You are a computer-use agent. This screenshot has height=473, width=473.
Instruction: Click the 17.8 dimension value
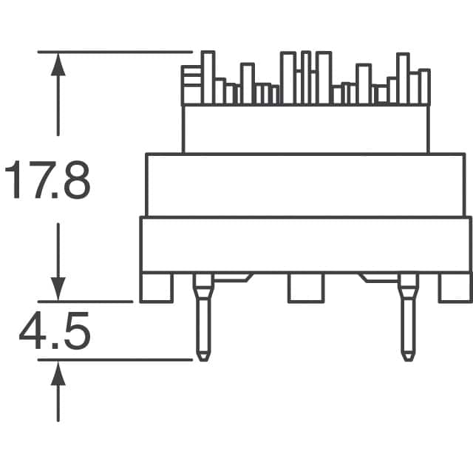pos(48,183)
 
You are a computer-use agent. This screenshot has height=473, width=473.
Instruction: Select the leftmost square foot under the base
pos(157,287)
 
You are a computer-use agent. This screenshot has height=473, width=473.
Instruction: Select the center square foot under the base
pos(305,287)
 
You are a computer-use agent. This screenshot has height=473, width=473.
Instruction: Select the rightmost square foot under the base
pos(455,287)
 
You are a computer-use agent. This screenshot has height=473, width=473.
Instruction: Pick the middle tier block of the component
pos(305,185)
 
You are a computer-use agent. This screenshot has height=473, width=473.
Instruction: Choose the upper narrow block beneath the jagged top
pos(305,129)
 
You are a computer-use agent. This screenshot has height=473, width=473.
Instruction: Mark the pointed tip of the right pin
pos(407,358)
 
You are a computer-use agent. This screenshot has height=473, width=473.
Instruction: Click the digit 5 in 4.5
pos(75,333)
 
